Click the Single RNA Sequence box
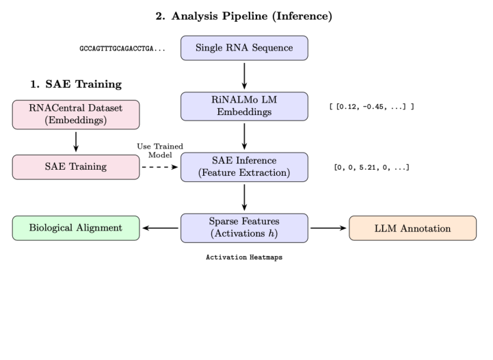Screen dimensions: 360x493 click(244, 49)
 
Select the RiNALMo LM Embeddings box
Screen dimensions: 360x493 click(244, 107)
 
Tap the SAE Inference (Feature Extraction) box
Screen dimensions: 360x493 click(244, 166)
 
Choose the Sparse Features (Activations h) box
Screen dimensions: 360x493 click(244, 228)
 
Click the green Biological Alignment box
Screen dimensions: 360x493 click(75, 228)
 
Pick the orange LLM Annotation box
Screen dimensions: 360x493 click(412, 228)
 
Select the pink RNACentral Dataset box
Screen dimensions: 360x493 click(75, 114)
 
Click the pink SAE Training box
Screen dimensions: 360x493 click(75, 166)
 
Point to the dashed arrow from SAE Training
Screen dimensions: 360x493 click(159, 166)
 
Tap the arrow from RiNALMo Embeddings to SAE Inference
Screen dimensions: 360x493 click(244, 136)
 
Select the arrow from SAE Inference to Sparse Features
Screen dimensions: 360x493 click(244, 197)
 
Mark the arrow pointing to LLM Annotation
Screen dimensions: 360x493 click(329, 228)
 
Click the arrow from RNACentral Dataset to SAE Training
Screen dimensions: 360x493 click(75, 140)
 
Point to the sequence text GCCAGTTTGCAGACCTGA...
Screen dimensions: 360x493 click(121, 49)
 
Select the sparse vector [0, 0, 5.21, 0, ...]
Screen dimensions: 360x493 click(371, 167)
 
